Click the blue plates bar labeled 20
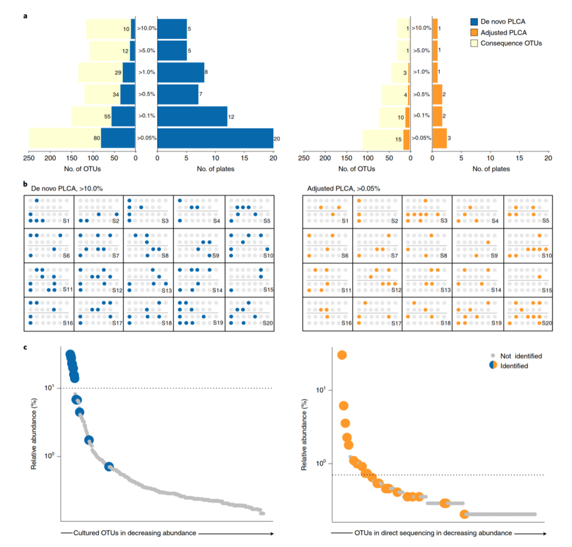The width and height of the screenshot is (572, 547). click(x=215, y=138)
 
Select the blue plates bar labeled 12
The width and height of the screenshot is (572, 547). click(x=192, y=116)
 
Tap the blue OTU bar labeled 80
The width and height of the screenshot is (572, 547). click(x=118, y=138)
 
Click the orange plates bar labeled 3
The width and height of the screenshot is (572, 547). click(x=439, y=138)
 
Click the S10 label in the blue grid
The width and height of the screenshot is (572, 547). click(x=268, y=255)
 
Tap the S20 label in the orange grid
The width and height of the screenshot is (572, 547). click(x=546, y=323)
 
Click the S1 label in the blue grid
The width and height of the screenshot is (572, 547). click(x=66, y=221)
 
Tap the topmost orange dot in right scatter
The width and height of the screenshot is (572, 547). click(x=342, y=355)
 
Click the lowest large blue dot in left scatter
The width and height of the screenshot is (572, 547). click(x=110, y=466)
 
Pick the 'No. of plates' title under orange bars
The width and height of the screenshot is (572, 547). click(x=490, y=169)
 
